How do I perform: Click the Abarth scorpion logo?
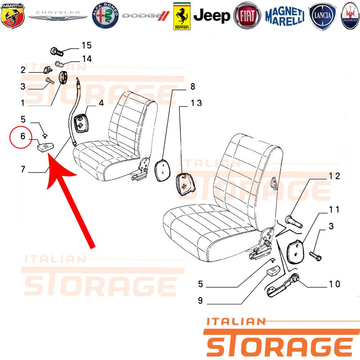13,16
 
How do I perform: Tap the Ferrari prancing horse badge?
182,16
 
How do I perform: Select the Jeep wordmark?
211,16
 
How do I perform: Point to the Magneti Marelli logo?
285,16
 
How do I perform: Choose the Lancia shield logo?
323,16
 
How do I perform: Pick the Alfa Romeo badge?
105,16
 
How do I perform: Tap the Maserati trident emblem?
350,16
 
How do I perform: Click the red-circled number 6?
22,136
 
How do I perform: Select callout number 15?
86,45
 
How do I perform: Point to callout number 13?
196,103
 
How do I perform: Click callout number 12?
334,176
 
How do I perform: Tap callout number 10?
334,284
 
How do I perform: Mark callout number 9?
200,300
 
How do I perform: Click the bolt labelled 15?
57,51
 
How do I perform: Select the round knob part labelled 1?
63,78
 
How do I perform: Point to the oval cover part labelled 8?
163,170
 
